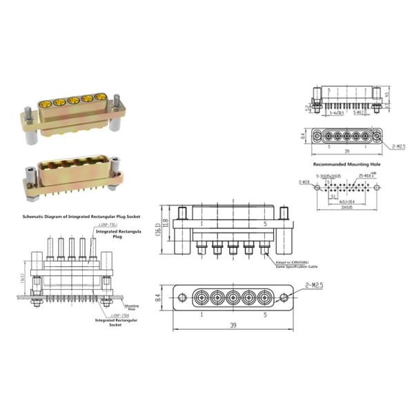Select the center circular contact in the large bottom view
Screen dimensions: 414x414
pyautogui.click(x=232, y=299)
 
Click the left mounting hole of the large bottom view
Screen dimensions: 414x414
pyautogui.click(x=182, y=298)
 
